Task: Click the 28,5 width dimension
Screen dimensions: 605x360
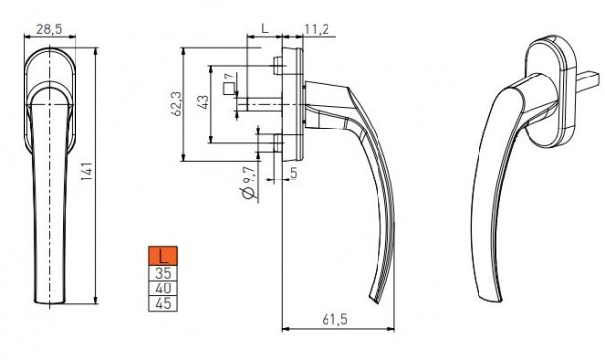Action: [49, 29]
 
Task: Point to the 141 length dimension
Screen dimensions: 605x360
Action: [87, 171]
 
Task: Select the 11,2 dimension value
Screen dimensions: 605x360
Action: [317, 29]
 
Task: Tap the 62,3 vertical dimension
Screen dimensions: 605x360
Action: [177, 103]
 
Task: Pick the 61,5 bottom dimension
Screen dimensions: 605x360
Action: [335, 319]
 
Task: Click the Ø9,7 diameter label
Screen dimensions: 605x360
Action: [249, 182]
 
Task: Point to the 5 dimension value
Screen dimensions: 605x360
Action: [294, 173]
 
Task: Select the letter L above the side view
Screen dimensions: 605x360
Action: [265, 28]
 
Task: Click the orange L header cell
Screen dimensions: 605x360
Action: [163, 256]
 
